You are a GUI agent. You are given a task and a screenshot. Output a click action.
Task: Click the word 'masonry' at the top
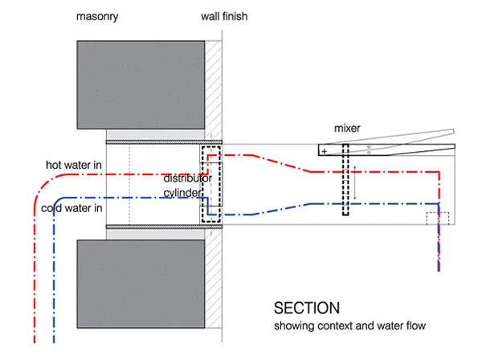click(97, 16)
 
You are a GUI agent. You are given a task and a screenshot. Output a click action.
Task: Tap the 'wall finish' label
click(227, 16)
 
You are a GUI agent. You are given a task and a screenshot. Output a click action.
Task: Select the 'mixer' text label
click(348, 129)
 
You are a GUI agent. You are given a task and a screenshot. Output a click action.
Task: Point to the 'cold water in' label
click(73, 210)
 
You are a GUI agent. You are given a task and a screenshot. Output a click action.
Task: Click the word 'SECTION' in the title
click(306, 308)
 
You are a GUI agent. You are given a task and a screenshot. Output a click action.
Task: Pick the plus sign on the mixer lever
click(324, 151)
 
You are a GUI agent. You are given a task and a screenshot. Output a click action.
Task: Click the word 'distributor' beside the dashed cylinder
click(188, 178)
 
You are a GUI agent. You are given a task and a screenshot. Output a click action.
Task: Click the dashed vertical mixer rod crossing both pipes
click(346, 182)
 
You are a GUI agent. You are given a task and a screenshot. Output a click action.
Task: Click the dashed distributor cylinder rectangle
click(210, 185)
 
